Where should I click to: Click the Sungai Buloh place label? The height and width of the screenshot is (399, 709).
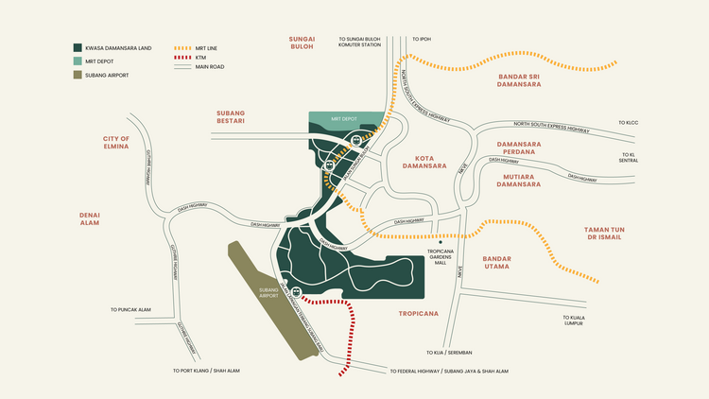(301, 42)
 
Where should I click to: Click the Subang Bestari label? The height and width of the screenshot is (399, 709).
(231, 115)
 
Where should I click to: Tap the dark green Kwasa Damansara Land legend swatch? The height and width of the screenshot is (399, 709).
(77, 47)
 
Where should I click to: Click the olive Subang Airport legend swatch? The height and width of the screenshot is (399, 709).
(77, 74)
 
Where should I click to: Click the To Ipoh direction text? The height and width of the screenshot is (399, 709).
(422, 40)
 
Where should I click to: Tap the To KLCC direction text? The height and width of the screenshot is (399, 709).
(629, 123)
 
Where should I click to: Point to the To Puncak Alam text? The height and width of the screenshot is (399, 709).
(130, 310)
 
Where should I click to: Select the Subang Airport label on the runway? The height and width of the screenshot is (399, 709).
(270, 293)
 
